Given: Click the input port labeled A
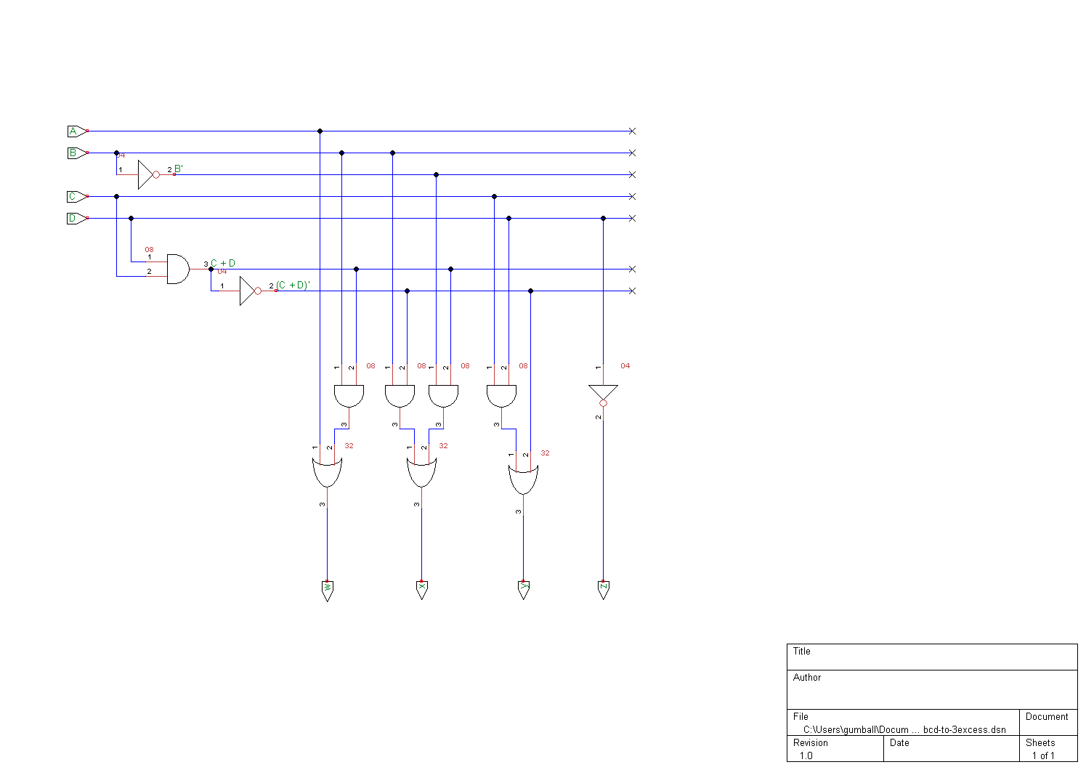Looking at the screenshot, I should [x=76, y=131].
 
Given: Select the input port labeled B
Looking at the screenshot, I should [x=76, y=153].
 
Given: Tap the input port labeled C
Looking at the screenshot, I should [x=76, y=197].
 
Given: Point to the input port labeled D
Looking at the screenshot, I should [x=76, y=219].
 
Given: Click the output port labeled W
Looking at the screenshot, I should [x=327, y=590].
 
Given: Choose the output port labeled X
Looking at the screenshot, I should [x=421, y=590].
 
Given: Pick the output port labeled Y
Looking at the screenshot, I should [x=523, y=590].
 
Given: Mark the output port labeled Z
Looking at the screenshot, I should [x=603, y=590].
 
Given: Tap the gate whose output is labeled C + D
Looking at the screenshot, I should [x=177, y=269].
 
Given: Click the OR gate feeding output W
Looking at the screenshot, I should [x=327, y=473].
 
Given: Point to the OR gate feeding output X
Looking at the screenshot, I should [x=421, y=473].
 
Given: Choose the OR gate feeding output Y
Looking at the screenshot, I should [x=523, y=480].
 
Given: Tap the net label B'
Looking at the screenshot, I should [x=179, y=169].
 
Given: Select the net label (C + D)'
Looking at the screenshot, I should [x=293, y=285].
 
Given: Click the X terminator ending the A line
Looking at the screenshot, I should [x=632, y=131].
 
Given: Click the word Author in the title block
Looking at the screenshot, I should [x=807, y=678].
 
